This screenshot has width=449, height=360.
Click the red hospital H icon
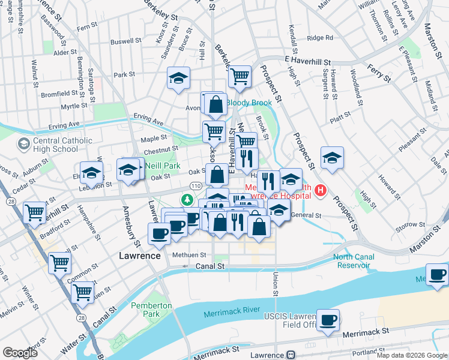tap(321, 191)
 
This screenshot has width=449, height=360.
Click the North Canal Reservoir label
tap(354, 262)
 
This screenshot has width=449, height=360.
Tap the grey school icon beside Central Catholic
tap(24, 144)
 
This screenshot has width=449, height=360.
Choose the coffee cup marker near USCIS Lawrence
tap(328, 319)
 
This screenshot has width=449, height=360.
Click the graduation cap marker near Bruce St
tap(178, 78)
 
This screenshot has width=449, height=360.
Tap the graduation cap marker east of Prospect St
tap(332, 157)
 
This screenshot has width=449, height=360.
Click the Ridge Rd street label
tap(319, 38)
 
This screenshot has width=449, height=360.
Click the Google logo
tap(20, 353)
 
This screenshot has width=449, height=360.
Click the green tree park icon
tap(188, 199)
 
